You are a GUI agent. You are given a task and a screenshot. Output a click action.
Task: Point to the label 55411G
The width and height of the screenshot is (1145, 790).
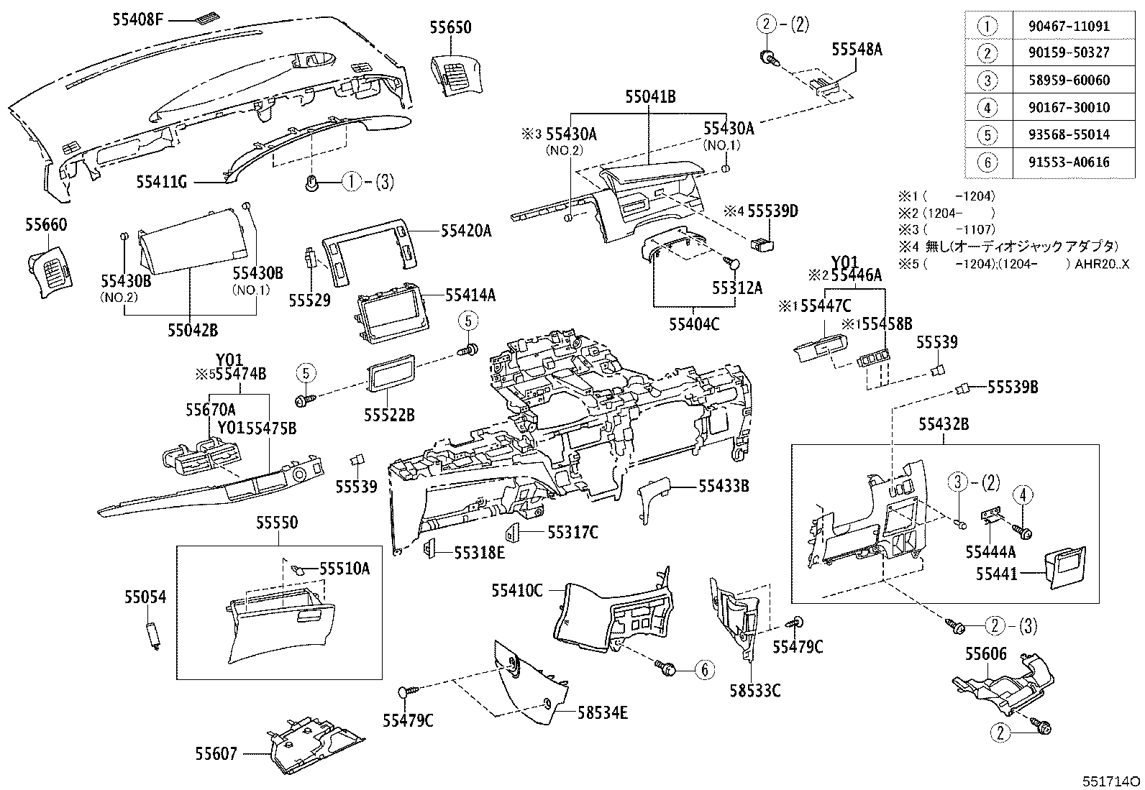(x=162, y=183)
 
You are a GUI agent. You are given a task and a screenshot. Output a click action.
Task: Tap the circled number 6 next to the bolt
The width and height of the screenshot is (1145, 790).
(x=704, y=669)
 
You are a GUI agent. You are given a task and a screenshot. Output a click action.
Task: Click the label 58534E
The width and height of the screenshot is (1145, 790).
(x=603, y=712)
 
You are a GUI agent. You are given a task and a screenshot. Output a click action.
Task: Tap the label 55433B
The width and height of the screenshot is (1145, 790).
(x=724, y=487)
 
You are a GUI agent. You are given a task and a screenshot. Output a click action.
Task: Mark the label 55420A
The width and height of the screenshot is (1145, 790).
(x=466, y=231)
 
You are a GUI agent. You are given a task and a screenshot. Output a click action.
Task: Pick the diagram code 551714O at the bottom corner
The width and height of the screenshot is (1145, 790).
(x=1112, y=780)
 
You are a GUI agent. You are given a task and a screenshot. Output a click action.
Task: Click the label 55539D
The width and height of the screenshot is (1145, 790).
(x=772, y=211)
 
